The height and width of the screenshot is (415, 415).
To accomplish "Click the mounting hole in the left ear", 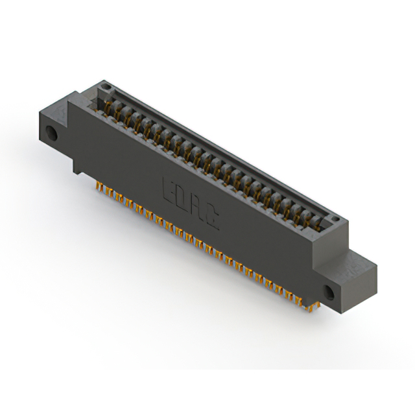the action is pos(51,133).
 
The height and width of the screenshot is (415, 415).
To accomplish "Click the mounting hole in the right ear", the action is pos(329,292).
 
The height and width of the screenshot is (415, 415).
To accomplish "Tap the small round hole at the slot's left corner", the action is pos(106,86).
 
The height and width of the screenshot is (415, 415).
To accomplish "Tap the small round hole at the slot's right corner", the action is pos(335,219).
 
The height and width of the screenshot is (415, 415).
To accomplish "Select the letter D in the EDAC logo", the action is pos(181,200).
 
